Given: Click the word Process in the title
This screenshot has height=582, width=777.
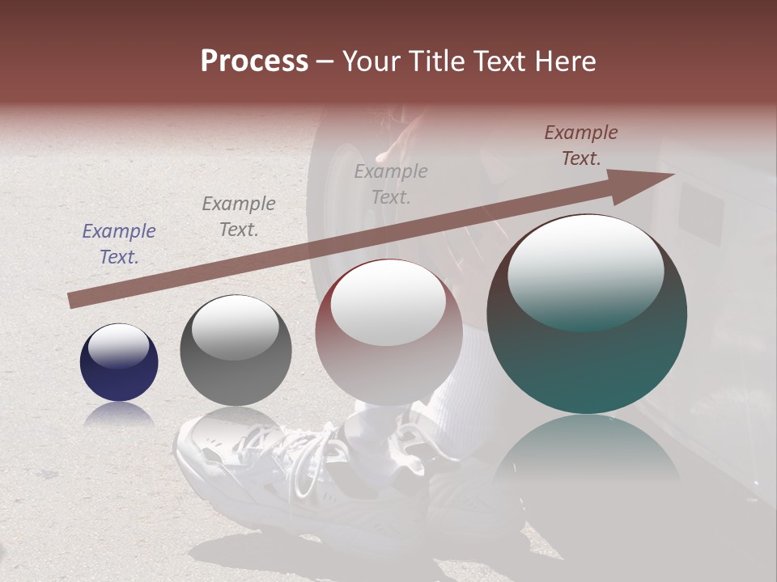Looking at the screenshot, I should pyautogui.click(x=254, y=61).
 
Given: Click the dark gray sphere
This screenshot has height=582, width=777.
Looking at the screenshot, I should pyautogui.click(x=236, y=351).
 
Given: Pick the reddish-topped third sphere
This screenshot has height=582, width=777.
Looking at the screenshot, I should pyautogui.click(x=388, y=331).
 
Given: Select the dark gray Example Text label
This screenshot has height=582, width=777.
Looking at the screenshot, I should pyautogui.click(x=239, y=217).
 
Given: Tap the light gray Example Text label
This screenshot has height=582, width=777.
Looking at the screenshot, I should pyautogui.click(x=391, y=183).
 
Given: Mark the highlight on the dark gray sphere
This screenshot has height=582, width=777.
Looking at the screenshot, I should pyautogui.click(x=235, y=327).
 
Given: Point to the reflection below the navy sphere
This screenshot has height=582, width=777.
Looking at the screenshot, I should pyautogui.click(x=119, y=414).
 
